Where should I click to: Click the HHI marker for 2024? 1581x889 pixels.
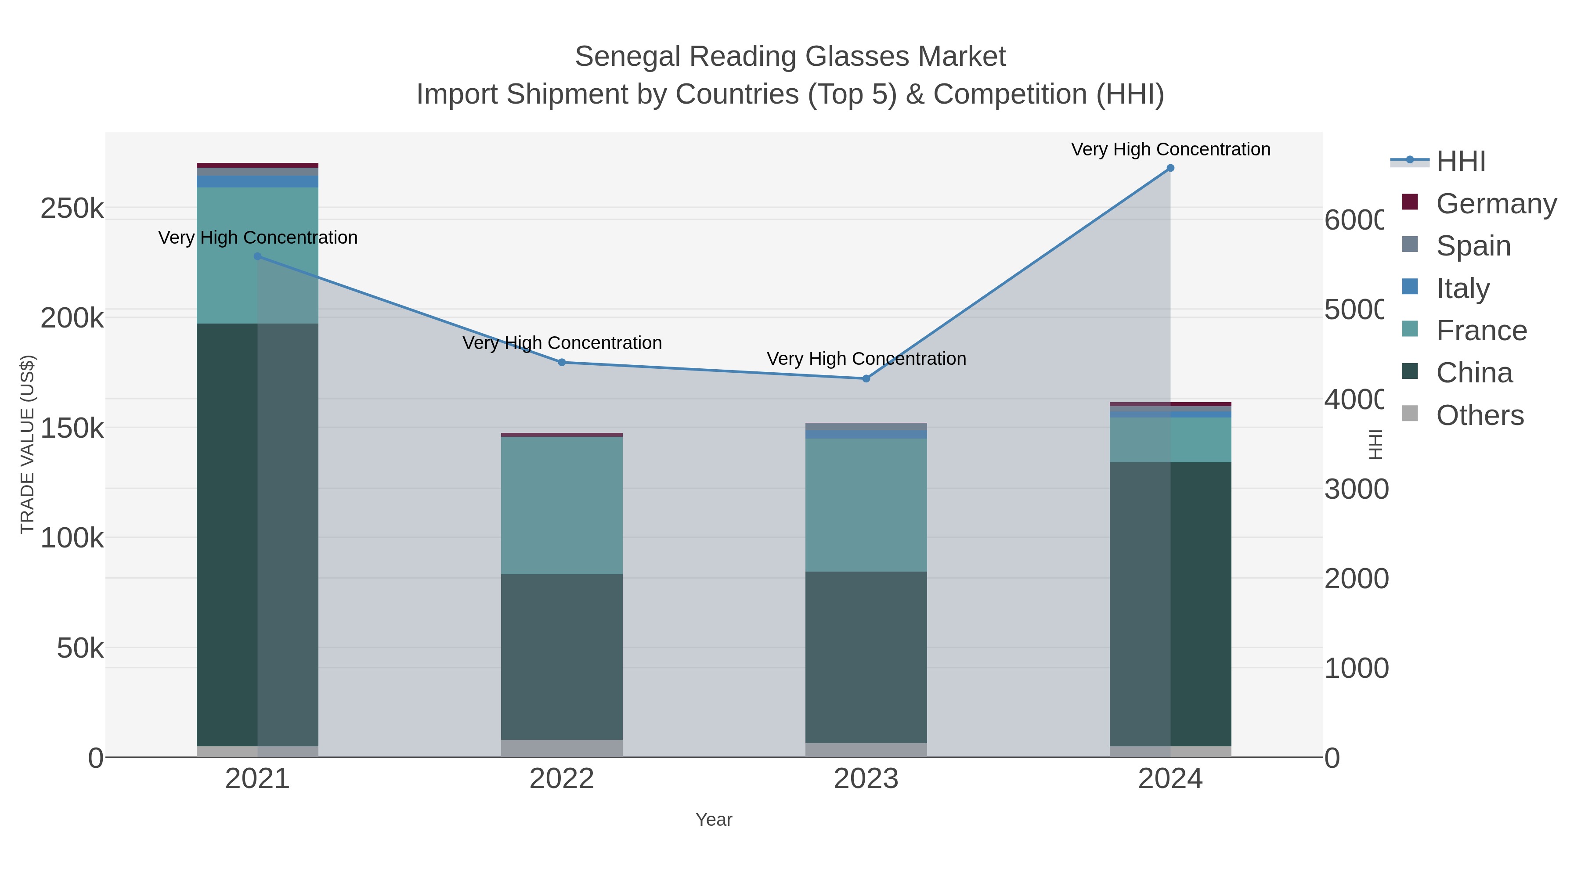point(1170,168)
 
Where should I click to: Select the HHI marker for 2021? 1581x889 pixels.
point(257,256)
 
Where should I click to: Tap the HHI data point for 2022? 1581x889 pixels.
point(562,363)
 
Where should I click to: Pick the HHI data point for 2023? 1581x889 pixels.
point(866,378)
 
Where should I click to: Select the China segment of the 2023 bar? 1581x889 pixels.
point(866,656)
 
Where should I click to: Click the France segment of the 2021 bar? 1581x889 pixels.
point(257,255)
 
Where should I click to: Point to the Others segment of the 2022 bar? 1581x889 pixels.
point(562,748)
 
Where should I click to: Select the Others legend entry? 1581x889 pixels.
point(1479,415)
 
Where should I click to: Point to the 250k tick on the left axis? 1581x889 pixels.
point(72,209)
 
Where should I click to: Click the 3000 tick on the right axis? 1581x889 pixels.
point(1355,489)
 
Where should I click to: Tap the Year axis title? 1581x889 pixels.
point(713,819)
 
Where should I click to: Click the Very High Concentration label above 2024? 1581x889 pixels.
point(1170,149)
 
